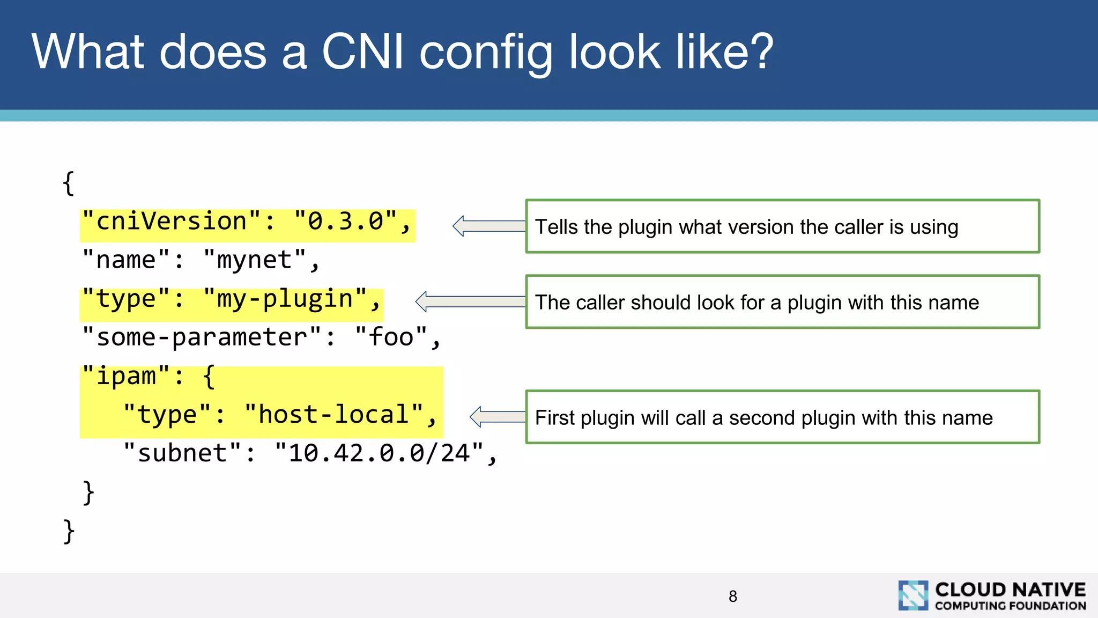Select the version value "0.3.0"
345,222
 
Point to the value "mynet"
254,260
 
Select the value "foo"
391,337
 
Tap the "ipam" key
126,376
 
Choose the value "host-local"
333,415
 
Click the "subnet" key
182,453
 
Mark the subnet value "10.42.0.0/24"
379,453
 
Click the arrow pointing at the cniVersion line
488,226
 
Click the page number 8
733,596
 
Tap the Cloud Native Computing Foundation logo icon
913,595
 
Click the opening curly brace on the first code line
68,183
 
